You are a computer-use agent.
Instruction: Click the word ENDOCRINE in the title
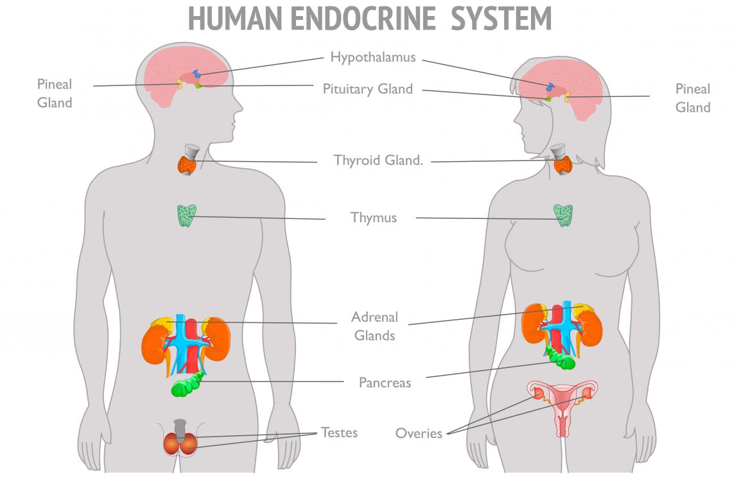click(363, 19)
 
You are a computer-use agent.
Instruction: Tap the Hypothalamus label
click(373, 57)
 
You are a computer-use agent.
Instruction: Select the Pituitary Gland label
click(368, 89)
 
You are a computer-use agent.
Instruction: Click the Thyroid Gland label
click(379, 160)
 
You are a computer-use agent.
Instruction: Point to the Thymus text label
click(374, 218)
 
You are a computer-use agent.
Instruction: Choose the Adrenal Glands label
click(374, 326)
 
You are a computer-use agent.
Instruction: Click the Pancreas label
click(385, 383)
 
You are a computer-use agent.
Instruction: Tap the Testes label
click(340, 433)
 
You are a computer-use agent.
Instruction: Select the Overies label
click(419, 433)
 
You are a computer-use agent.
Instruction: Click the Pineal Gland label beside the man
click(55, 93)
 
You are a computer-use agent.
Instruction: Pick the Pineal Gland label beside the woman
click(693, 98)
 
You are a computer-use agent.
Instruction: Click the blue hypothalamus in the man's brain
click(197, 73)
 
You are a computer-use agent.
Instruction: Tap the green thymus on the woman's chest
click(563, 215)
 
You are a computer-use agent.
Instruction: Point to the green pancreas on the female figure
click(560, 358)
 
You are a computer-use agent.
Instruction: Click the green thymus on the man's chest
click(187, 216)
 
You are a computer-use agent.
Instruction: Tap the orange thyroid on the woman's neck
click(563, 165)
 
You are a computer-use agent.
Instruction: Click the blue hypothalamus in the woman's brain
click(550, 87)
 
